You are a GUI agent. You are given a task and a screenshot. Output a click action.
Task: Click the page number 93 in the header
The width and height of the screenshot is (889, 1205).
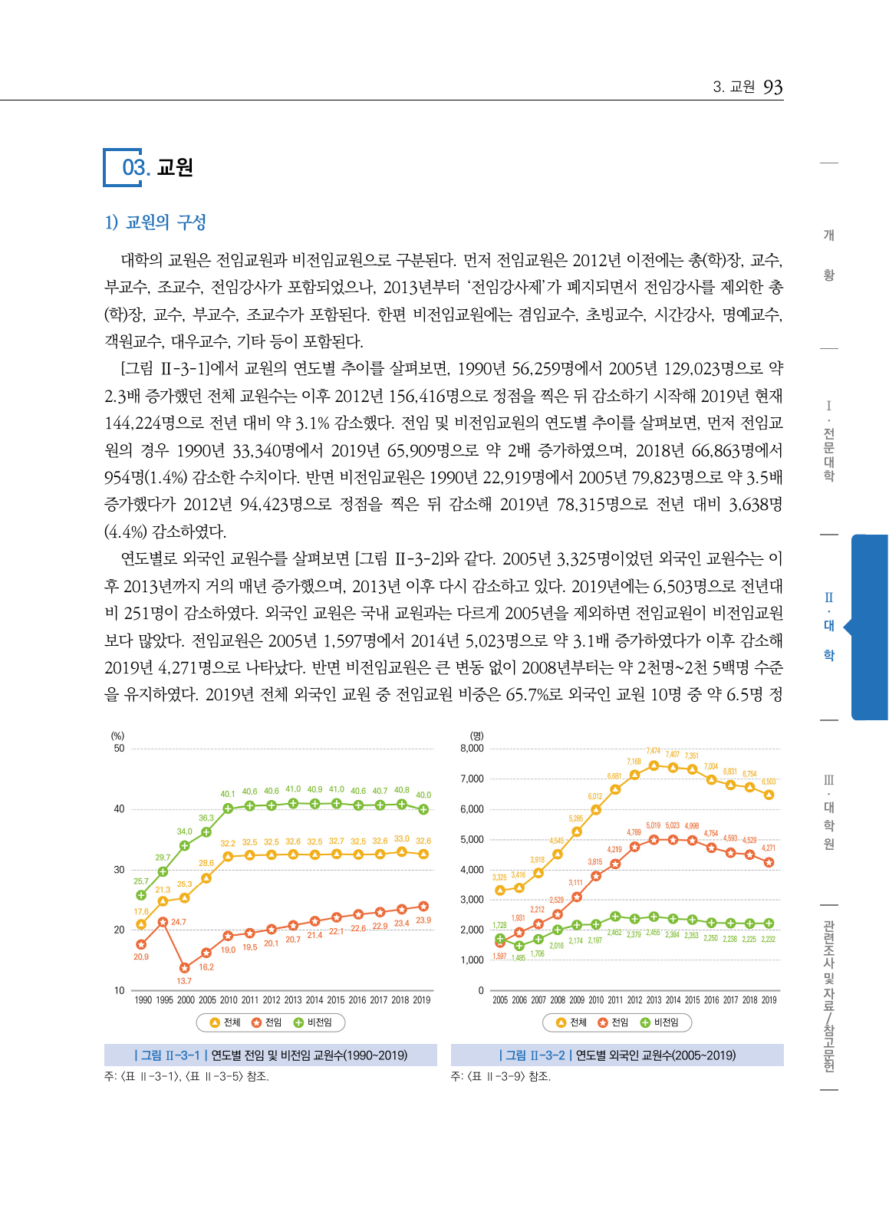772,87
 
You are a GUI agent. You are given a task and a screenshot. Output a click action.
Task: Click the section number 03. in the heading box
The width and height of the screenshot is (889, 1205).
135,167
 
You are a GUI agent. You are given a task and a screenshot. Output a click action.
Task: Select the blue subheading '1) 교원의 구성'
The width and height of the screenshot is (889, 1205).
156,222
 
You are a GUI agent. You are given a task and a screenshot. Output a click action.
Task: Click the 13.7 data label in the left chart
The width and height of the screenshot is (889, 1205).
184,981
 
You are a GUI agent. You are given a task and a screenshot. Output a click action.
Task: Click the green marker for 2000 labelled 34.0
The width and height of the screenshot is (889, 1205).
184,845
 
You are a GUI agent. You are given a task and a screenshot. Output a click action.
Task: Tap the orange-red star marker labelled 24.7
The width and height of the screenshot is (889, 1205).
163,922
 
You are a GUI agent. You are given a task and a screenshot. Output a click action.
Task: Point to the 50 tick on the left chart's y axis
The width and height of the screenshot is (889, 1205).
119,749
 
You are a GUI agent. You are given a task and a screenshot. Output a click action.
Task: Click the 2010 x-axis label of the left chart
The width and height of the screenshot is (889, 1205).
229,1000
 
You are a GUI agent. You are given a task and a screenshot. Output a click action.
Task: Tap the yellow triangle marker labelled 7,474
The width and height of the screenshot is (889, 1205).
654,765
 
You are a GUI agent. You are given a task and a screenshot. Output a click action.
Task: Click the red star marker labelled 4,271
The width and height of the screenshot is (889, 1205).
769,862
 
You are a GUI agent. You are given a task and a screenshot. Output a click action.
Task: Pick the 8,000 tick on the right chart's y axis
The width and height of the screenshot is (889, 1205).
472,749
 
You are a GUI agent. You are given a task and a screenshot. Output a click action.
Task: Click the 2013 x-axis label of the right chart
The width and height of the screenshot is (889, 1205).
654,1000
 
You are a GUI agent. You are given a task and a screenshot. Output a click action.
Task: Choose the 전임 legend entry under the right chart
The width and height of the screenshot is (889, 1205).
614,1022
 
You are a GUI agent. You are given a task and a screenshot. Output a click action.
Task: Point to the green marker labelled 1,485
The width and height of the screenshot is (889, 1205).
519,946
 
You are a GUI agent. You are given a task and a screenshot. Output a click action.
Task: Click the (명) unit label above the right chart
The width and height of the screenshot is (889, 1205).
476,736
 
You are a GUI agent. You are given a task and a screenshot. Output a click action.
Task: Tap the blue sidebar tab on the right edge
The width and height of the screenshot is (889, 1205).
869,627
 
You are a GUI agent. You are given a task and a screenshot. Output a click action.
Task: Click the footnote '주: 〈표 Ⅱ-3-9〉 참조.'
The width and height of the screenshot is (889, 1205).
500,1076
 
